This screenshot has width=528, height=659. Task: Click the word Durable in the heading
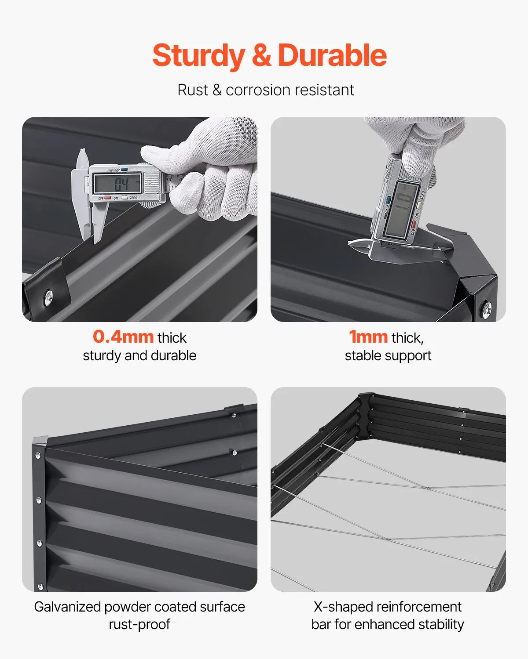point(332,55)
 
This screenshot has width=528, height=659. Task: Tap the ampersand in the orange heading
point(261,55)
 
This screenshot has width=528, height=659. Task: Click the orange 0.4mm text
point(123,337)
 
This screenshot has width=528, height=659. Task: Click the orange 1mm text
point(368,337)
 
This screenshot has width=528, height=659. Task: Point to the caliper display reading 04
point(117,184)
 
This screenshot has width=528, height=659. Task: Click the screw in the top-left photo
point(48,297)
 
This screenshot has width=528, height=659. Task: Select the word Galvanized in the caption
point(67,607)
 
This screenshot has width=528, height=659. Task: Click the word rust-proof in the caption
point(139,624)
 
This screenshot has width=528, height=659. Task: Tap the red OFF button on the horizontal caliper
point(107,198)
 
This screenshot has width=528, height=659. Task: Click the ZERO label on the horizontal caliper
point(133,198)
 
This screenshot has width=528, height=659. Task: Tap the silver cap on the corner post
point(40,441)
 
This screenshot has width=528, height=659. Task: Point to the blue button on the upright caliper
point(389,200)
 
